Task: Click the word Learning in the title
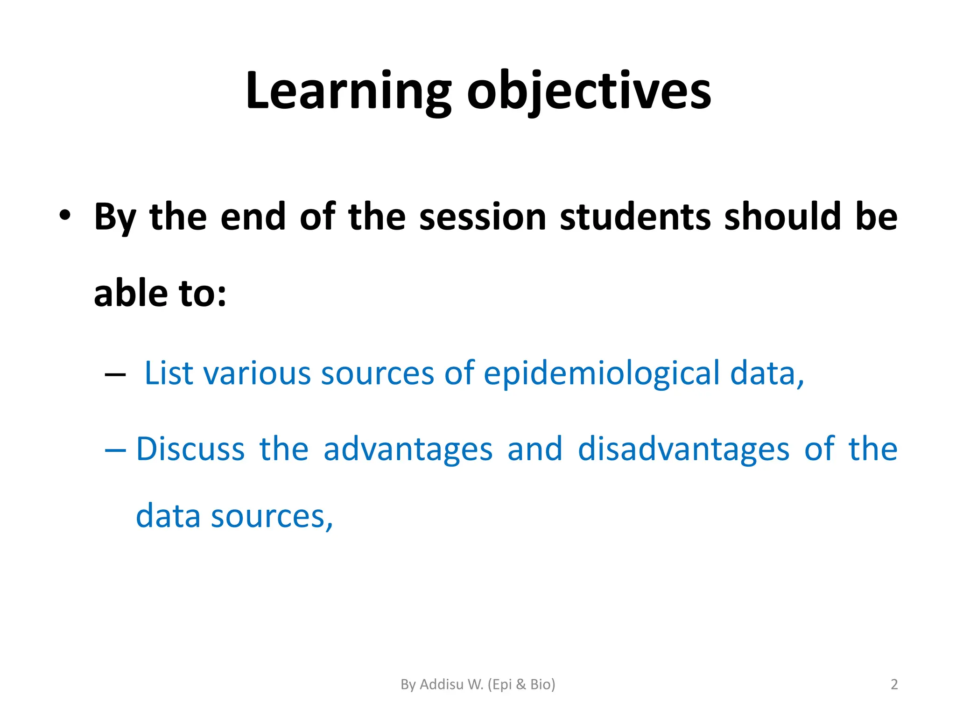point(348,91)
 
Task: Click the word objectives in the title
point(589,91)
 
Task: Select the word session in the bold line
point(483,217)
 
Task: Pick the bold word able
point(131,293)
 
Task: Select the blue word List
point(169,373)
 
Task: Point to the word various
point(257,373)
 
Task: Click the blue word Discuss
point(190,449)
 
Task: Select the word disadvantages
point(683,449)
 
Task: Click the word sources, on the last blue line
point(272,517)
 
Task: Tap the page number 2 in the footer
point(894,684)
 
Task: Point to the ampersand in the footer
point(521,684)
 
